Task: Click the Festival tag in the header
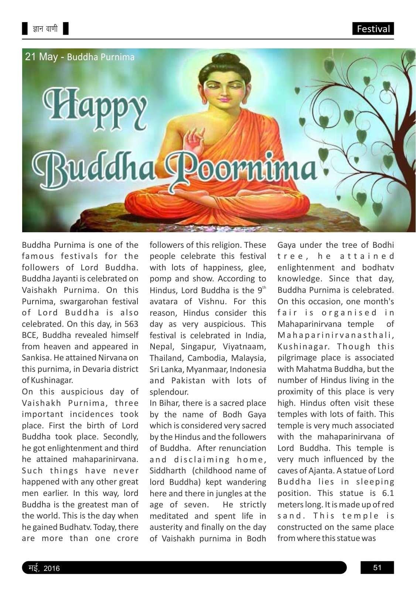(x=373, y=29)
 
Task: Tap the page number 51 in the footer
(x=377, y=568)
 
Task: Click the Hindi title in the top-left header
(x=45, y=29)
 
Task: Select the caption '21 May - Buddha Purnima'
(x=79, y=57)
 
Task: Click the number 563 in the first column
(x=131, y=324)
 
